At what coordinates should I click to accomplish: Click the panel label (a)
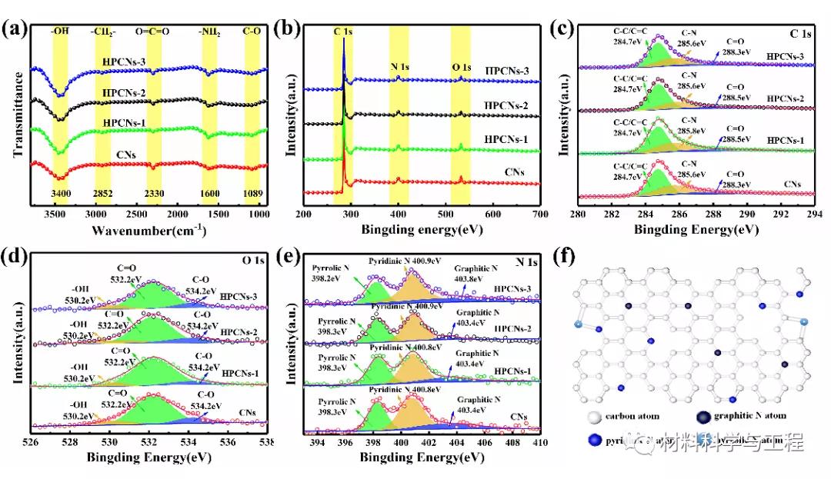[15, 30]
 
